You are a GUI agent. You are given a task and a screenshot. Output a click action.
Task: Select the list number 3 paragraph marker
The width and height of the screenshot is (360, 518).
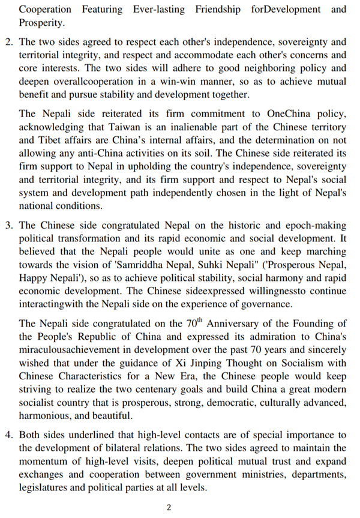point(8,226)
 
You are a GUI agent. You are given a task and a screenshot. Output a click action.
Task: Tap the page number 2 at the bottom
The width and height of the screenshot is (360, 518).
point(169,507)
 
